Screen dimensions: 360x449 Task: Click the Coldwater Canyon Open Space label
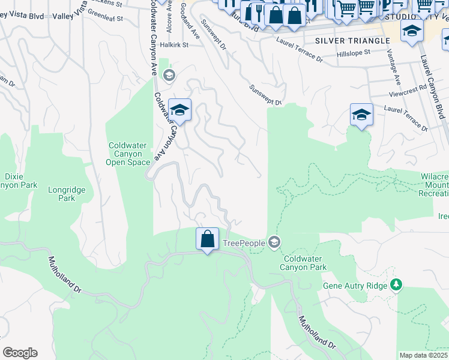128,154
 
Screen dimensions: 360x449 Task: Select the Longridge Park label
67,194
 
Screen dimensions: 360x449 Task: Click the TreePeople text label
244,242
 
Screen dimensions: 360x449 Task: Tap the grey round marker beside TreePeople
274,242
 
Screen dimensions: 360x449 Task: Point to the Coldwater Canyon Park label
304,262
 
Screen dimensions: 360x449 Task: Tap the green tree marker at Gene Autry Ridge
396,285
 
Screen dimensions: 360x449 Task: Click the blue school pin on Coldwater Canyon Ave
179,110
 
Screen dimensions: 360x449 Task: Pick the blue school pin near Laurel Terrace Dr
361,115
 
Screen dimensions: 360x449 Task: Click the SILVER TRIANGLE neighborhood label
343,40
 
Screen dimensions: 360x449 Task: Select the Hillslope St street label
355,54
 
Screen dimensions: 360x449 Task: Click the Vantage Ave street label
393,68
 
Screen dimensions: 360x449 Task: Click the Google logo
20,353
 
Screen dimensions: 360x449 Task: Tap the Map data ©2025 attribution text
423,355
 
